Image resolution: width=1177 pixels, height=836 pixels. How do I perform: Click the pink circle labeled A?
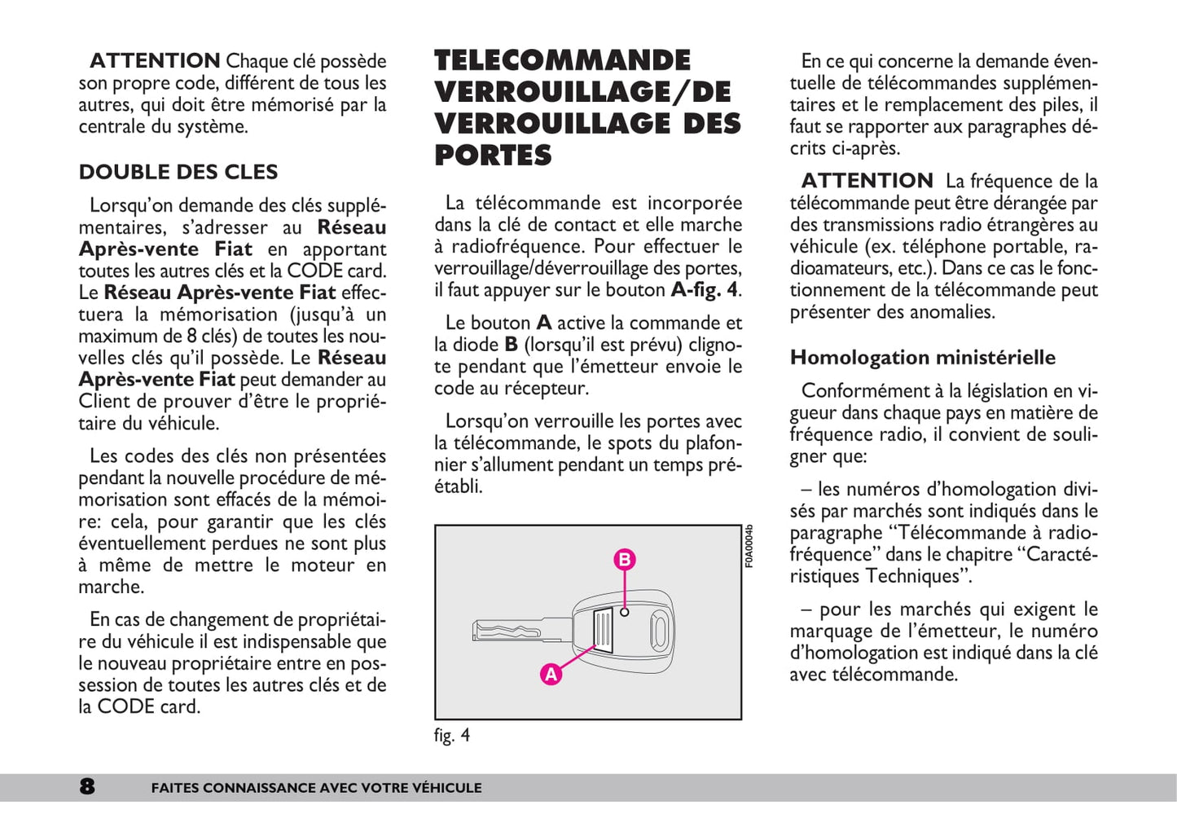coord(551,674)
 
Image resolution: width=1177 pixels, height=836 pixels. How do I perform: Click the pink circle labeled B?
coord(625,560)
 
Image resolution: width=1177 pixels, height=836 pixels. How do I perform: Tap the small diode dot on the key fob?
coord(625,611)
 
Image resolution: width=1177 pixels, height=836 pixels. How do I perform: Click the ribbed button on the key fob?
coord(604,630)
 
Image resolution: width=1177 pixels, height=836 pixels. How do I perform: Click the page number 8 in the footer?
coord(87,786)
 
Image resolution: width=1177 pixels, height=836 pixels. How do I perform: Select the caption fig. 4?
coord(452,735)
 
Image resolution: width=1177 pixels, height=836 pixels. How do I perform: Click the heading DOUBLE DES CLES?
coord(178,172)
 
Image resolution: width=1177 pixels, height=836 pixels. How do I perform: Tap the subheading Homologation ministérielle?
coord(923,358)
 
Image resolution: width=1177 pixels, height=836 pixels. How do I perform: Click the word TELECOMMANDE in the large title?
coord(562,60)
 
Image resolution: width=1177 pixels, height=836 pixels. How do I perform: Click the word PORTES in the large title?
coord(493,155)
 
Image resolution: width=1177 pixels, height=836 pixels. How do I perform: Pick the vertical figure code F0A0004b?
coord(749,546)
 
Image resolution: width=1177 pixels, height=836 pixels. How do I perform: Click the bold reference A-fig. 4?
coord(704,290)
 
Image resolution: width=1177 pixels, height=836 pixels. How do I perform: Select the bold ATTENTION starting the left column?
coord(155,61)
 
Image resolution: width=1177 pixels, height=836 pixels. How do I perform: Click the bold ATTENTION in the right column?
coord(867,181)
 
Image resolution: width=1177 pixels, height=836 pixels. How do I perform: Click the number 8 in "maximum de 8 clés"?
coord(191,336)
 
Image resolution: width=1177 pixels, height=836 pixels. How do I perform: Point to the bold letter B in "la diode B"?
coord(512,345)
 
